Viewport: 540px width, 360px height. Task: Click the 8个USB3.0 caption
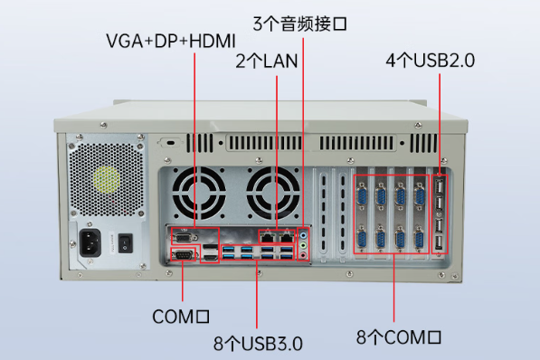coord(258,343)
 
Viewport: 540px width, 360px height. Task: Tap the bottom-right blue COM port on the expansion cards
coord(419,238)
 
